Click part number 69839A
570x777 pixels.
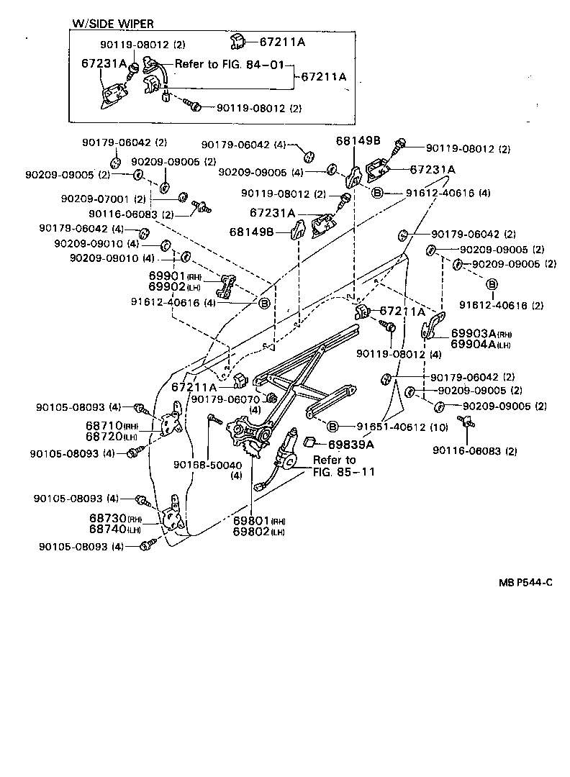tap(352, 444)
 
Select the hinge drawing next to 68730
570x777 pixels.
tap(173, 517)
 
